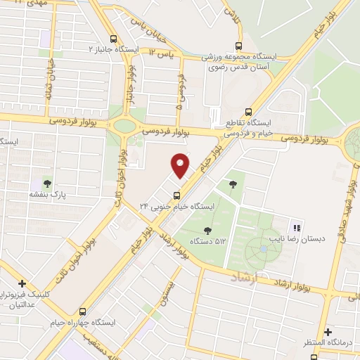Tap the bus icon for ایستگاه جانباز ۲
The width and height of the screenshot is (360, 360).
(x=114, y=40)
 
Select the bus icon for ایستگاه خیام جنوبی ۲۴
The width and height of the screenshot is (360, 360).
(x=176, y=195)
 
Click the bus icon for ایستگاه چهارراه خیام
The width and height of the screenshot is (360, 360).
(x=83, y=311)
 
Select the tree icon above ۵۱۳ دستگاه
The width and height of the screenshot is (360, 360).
(x=208, y=230)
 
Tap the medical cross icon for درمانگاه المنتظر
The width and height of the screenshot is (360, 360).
(x=327, y=332)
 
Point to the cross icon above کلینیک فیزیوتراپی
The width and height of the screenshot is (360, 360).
(x=22, y=283)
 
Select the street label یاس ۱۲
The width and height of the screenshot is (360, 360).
(x=162, y=51)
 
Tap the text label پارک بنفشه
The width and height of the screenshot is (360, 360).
(x=48, y=194)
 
